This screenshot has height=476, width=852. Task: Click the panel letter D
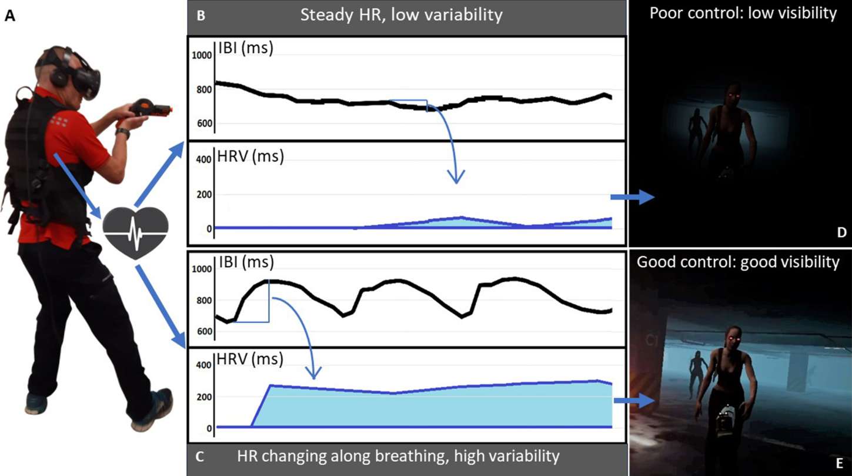pos(841,233)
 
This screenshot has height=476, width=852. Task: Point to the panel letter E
pos(841,462)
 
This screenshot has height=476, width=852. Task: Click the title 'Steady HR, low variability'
pos(401,15)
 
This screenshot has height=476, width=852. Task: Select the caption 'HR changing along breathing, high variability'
pos(398,455)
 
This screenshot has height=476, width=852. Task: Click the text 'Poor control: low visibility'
pos(743,14)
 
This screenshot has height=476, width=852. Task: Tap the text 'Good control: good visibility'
pos(738,262)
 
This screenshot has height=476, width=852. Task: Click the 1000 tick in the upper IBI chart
pos(202,55)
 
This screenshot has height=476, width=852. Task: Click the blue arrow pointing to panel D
pos(632,198)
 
